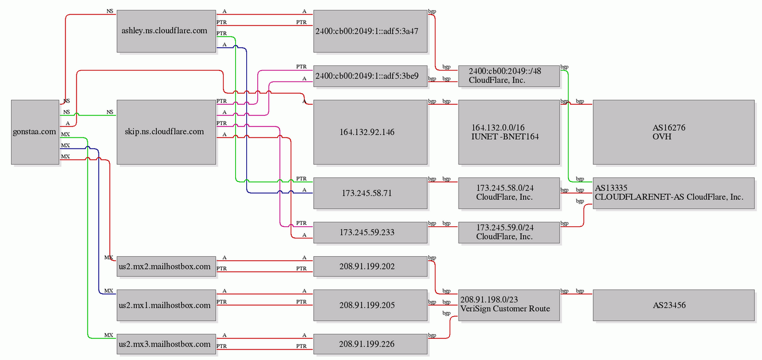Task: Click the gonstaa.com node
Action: [x=35, y=132]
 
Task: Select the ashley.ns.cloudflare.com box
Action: [x=166, y=31]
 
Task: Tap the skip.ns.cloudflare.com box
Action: [x=166, y=132]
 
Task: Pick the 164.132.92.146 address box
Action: [x=370, y=132]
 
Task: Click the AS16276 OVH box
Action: [x=674, y=132]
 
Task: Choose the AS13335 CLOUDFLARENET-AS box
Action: [x=674, y=193]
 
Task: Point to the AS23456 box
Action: [x=674, y=305]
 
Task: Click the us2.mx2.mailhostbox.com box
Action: [x=166, y=266]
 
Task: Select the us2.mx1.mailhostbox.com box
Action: [x=166, y=305]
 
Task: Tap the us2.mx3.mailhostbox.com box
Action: [x=166, y=344]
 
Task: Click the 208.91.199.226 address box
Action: [x=370, y=344]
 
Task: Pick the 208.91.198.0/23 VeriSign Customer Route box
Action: [x=509, y=305]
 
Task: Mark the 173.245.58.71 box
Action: [x=370, y=193]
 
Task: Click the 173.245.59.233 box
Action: [x=370, y=232]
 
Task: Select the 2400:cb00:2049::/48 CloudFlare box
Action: [x=509, y=76]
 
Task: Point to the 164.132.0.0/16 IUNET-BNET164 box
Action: [x=509, y=132]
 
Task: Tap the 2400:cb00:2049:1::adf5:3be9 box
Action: [x=370, y=76]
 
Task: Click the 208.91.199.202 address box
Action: [x=370, y=266]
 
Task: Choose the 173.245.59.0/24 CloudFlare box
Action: [x=509, y=232]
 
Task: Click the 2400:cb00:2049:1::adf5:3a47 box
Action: [x=370, y=31]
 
